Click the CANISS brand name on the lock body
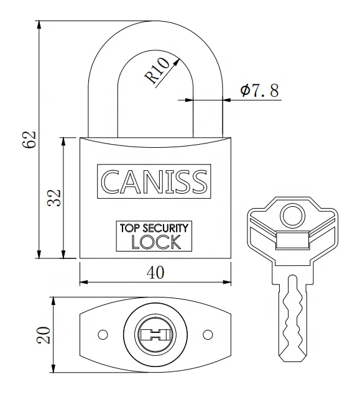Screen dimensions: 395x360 (x=154, y=181)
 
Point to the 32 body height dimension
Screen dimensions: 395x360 (x=54, y=197)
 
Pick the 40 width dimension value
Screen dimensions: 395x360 (x=154, y=274)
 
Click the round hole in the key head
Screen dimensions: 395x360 (x=291, y=216)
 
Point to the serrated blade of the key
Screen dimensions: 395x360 (x=293, y=317)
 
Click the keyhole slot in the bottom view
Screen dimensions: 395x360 (x=154, y=335)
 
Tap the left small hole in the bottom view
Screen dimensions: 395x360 (x=103, y=335)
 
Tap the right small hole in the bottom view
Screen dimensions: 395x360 (x=206, y=335)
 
